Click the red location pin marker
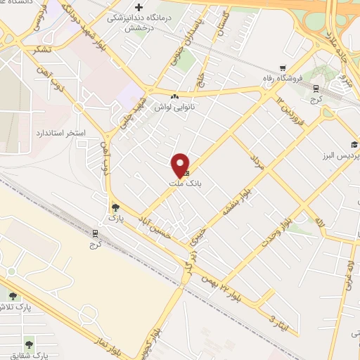(x=181, y=164)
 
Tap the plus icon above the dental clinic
(x=139, y=7)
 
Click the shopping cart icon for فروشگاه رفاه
(x=283, y=69)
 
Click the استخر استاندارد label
(x=60, y=132)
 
